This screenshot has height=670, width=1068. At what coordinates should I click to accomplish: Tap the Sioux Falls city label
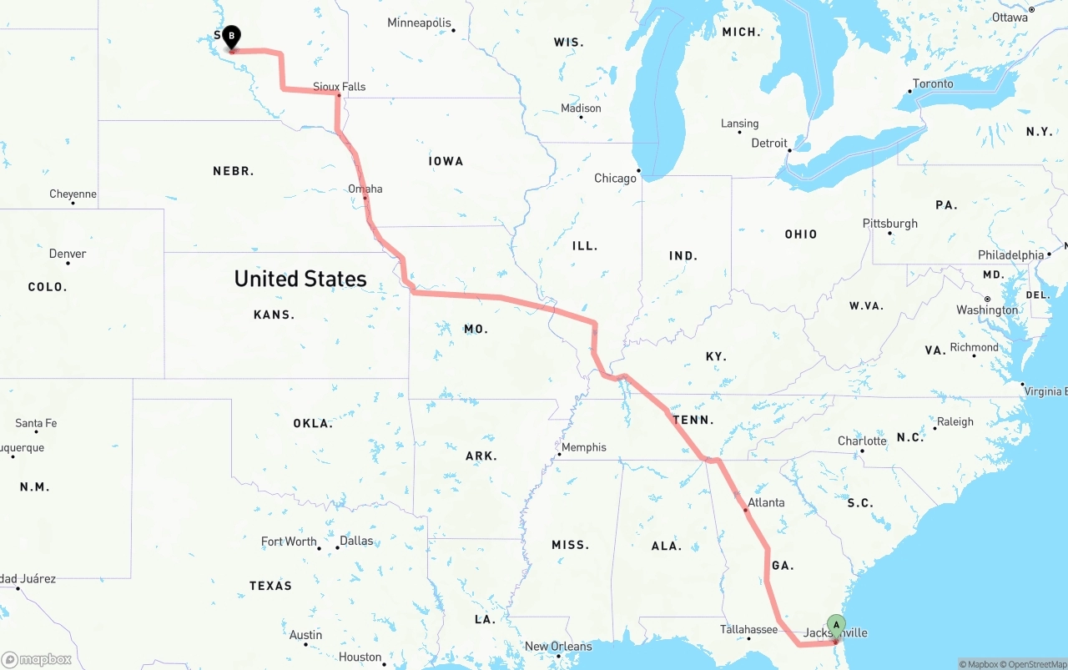pyautogui.click(x=339, y=86)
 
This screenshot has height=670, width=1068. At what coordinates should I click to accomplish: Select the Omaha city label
pyautogui.click(x=365, y=189)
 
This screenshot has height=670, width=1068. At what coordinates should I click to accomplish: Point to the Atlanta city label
pyautogui.click(x=766, y=502)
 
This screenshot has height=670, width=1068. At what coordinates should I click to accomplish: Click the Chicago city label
pyautogui.click(x=615, y=178)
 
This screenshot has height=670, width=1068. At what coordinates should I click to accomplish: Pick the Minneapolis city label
pyautogui.click(x=419, y=23)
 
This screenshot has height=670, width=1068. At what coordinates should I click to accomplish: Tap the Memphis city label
pyautogui.click(x=584, y=447)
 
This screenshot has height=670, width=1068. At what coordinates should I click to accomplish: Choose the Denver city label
pyautogui.click(x=68, y=254)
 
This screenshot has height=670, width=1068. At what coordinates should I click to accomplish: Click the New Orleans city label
pyautogui.click(x=558, y=646)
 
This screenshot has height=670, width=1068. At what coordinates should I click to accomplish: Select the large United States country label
pyautogui.click(x=300, y=279)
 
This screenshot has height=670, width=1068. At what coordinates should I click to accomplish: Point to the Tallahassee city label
pyautogui.click(x=749, y=629)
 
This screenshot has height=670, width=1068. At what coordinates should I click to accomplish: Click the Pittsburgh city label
pyautogui.click(x=890, y=224)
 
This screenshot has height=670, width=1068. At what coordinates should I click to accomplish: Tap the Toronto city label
pyautogui.click(x=933, y=83)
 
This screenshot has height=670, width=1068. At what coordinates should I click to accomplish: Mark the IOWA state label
pyautogui.click(x=446, y=161)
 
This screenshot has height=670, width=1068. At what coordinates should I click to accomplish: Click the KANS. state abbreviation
pyautogui.click(x=274, y=315)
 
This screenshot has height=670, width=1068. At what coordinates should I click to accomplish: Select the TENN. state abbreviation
pyautogui.click(x=693, y=420)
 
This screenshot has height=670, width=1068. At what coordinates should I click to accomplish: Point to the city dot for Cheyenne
pyautogui.click(x=73, y=203)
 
